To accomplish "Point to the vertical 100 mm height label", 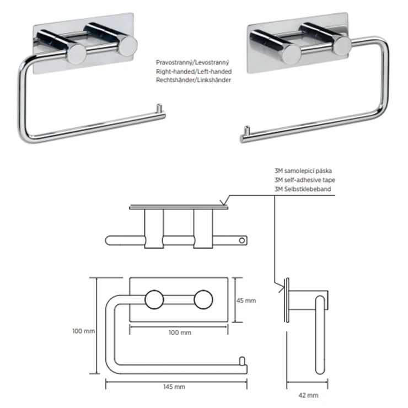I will pyautogui.click(x=84, y=331).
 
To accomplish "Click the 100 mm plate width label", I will pyautogui.click(x=179, y=333).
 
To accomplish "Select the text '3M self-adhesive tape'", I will pyautogui.click(x=304, y=180).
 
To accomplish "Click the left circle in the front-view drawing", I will pyautogui.click(x=154, y=300).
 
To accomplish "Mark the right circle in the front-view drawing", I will pyautogui.click(x=202, y=300).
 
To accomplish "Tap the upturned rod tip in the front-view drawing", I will pyautogui.click(x=241, y=361).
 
